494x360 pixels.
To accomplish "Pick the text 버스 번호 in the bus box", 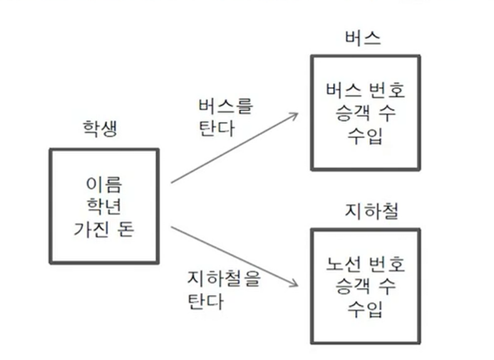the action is coord(364,92).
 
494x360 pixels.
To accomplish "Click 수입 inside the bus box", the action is coord(364,135).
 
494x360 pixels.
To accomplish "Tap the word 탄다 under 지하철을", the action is coord(205,301).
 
